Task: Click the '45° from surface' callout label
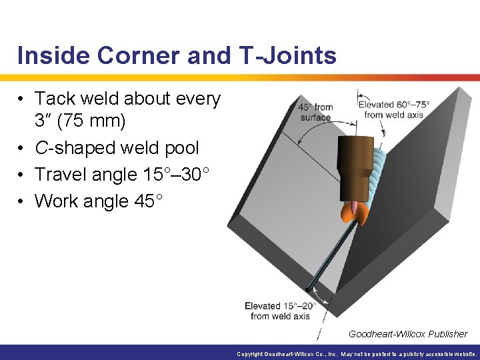[x=315, y=112]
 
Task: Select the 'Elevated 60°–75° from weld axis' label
[x=393, y=109]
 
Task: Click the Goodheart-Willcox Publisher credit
[x=408, y=333]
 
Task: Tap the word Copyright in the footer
[x=251, y=354]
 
